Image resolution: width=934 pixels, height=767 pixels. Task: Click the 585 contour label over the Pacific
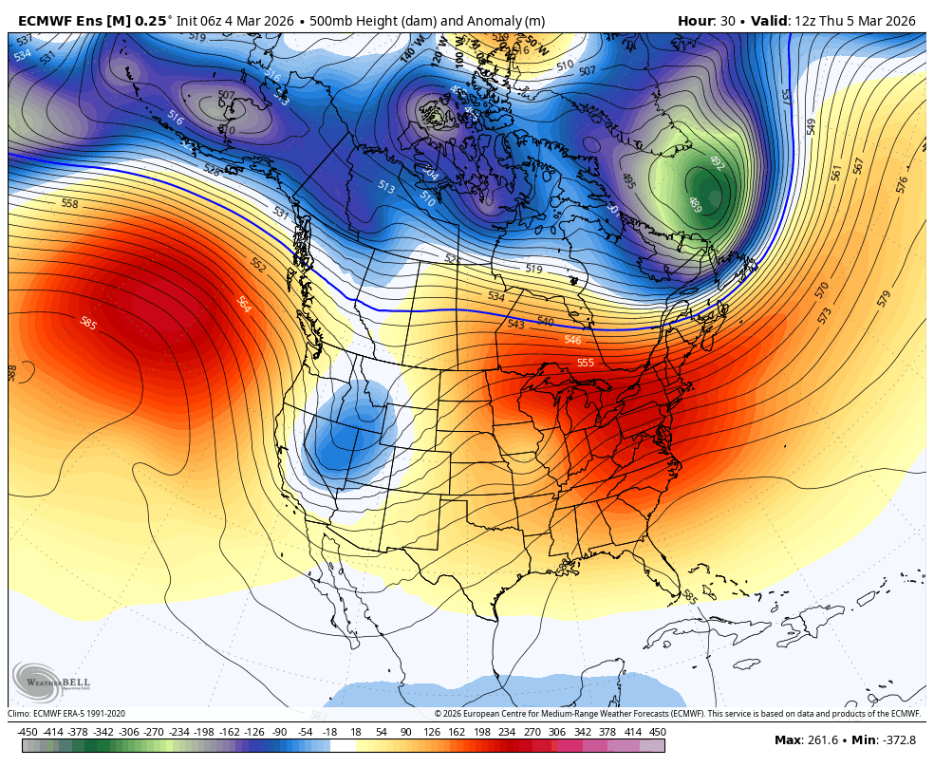click(88, 323)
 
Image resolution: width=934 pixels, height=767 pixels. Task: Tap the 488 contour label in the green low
click(694, 202)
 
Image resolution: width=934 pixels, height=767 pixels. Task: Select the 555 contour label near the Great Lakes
click(586, 363)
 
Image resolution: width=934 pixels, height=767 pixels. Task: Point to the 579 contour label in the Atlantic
click(884, 298)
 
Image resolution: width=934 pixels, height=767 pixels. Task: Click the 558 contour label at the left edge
click(69, 204)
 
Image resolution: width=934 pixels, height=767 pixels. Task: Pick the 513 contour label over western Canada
click(386, 187)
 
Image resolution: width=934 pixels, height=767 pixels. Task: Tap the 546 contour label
click(572, 340)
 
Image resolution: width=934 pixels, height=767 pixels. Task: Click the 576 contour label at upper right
click(902, 184)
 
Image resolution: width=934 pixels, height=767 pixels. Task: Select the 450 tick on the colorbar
click(657, 732)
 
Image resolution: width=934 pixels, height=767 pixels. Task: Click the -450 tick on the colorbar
click(27, 732)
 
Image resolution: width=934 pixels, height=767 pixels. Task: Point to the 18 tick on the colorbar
click(355, 732)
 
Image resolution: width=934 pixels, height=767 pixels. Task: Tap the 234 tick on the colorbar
click(506, 732)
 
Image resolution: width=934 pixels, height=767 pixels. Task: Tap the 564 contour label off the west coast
click(243, 305)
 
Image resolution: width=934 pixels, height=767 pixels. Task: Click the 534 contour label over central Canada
click(496, 296)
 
